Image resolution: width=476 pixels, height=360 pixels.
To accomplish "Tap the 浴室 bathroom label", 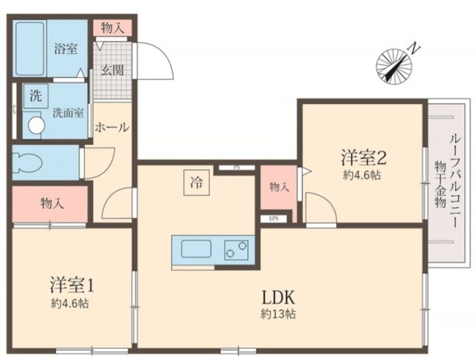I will pyautogui.click(x=65, y=49).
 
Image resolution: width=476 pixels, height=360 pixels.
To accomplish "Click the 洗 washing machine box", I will pyautogui.click(x=35, y=95).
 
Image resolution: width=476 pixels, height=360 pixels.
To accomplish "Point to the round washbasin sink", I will pyautogui.click(x=33, y=126).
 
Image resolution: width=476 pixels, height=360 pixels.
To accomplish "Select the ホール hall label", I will pyautogui.click(x=112, y=127).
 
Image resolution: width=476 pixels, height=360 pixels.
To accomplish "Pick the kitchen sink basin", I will pyautogui.click(x=194, y=249).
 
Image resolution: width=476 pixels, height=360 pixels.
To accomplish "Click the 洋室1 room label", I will pyautogui.click(x=71, y=285).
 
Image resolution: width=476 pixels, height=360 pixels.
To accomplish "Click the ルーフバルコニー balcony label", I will pyautogui.click(x=453, y=179).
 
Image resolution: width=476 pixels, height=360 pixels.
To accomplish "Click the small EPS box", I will pyautogui.click(x=273, y=219).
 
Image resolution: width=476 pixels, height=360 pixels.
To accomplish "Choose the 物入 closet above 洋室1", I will pyautogui.click(x=51, y=203).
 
